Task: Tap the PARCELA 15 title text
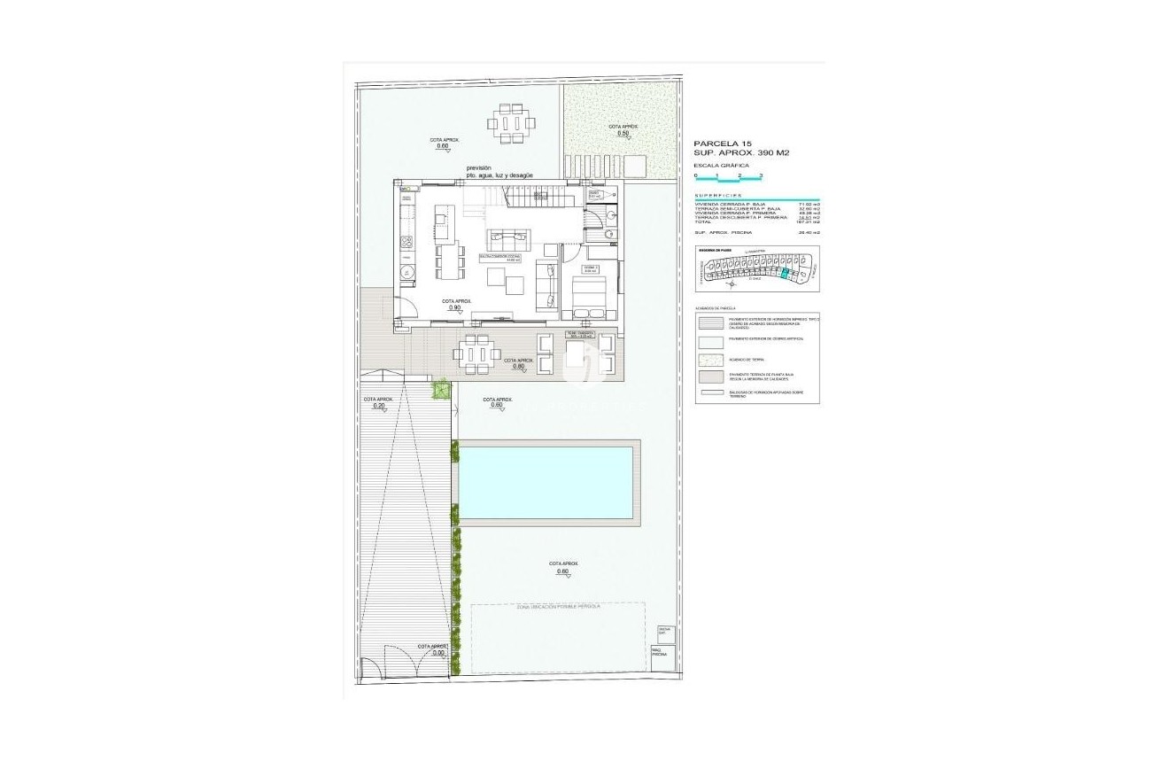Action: pyautogui.click(x=722, y=143)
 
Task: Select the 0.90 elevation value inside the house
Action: pyautogui.click(x=455, y=307)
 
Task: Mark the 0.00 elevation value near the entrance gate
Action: pyautogui.click(x=431, y=653)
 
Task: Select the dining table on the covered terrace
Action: pyautogui.click(x=477, y=352)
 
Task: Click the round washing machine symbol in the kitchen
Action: pyautogui.click(x=406, y=272)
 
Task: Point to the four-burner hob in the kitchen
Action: pyautogui.click(x=406, y=241)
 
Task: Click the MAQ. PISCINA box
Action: pyautogui.click(x=658, y=651)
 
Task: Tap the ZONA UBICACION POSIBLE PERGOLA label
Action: pyautogui.click(x=557, y=607)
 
